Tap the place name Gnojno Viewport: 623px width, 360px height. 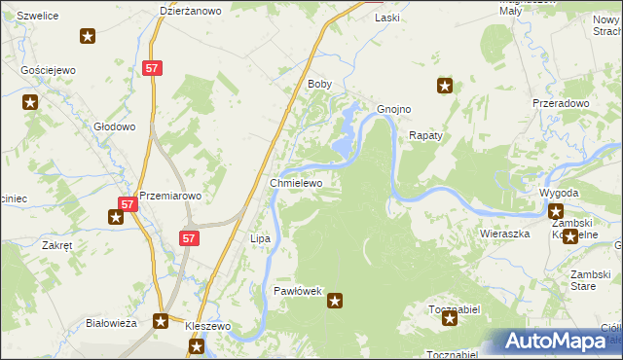click(x=393, y=109)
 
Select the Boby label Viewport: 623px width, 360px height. click(x=320, y=85)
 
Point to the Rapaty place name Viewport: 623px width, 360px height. click(x=426, y=136)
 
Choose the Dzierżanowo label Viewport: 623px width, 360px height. click(x=191, y=12)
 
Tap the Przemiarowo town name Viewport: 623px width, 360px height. click(x=170, y=196)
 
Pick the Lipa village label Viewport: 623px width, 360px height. click(x=260, y=238)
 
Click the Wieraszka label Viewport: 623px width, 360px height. click(x=504, y=234)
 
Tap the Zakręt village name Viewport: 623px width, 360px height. click(x=56, y=246)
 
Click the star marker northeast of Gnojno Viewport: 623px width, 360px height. click(x=445, y=86)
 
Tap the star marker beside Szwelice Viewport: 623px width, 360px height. click(x=88, y=37)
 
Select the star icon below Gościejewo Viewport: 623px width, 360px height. click(x=30, y=102)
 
